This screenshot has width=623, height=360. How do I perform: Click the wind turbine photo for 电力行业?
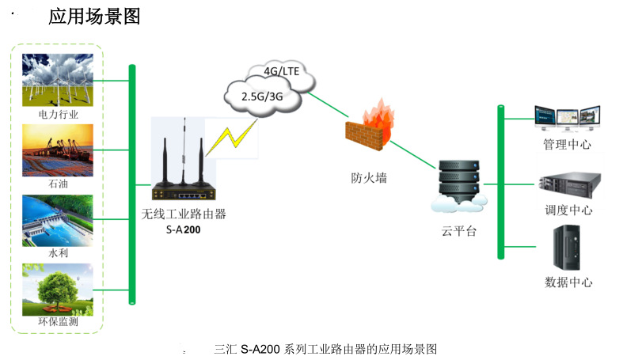tap(58, 80)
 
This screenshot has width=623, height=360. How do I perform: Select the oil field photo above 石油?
tap(58, 150)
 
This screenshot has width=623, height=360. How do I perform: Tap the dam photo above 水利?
tap(58, 221)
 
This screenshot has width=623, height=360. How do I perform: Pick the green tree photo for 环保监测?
tap(58, 290)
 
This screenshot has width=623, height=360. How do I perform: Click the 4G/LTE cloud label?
tap(282, 71)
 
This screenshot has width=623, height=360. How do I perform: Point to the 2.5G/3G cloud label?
tap(262, 97)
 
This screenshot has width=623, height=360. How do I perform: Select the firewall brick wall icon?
tap(370, 125)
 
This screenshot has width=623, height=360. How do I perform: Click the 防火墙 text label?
tap(369, 178)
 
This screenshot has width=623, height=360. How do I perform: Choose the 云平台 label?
tap(459, 231)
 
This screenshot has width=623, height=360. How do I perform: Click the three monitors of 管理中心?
tap(567, 118)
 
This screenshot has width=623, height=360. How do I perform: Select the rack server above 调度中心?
tap(569, 184)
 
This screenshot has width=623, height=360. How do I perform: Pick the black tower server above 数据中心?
tap(567, 248)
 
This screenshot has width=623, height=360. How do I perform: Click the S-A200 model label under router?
tap(183, 229)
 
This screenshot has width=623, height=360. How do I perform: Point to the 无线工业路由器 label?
tap(184, 214)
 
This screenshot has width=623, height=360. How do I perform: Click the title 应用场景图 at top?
tap(94, 17)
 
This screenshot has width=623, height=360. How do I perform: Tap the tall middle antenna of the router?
tap(184, 151)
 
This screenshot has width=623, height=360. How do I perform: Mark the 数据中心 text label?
tap(568, 282)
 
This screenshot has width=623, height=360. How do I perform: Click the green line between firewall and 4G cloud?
tap(328, 104)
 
